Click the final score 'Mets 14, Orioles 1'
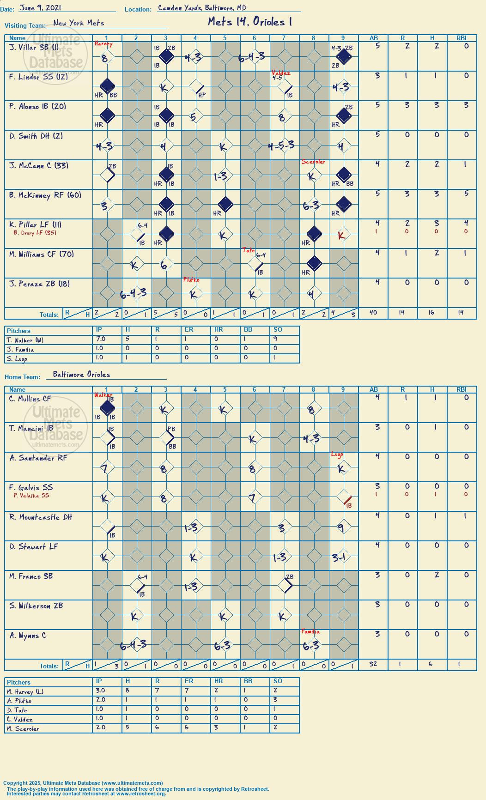point(250,22)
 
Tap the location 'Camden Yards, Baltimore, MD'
point(202,8)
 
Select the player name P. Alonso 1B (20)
point(37,106)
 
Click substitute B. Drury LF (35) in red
point(35,233)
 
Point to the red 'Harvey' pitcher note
point(103,44)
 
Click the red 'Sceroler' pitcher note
point(314,162)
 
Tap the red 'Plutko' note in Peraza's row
point(191,280)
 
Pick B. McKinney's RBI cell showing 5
point(466,194)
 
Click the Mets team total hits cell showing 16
point(431,313)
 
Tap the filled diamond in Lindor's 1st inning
point(107,86)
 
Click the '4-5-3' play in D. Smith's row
point(281,146)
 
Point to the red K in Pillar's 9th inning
point(341,236)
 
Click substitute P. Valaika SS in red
point(31,496)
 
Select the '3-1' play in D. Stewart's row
point(339,558)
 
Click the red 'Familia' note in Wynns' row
point(310,631)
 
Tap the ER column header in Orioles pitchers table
point(189,681)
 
